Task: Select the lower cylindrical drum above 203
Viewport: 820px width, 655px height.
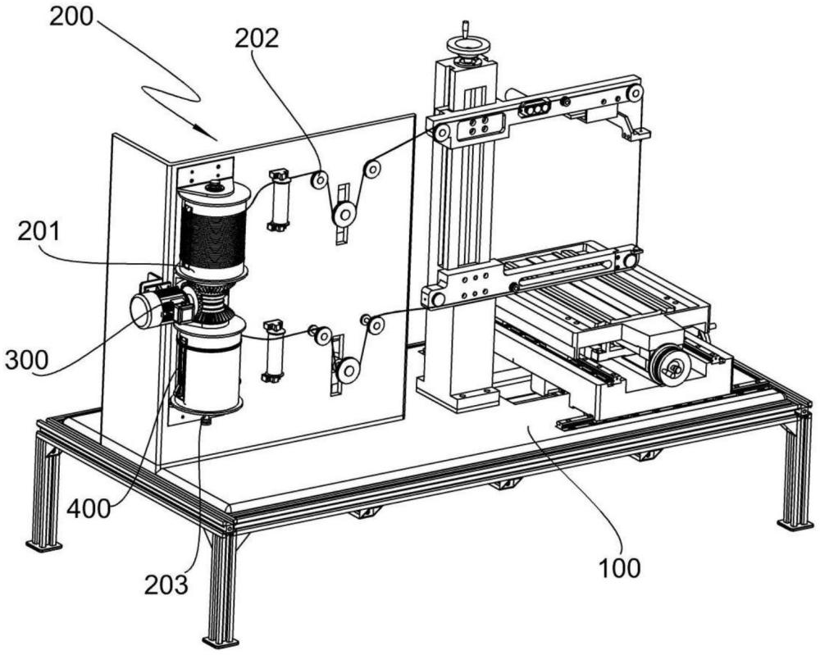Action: [209, 365]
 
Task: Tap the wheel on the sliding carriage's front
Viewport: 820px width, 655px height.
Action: [669, 366]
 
